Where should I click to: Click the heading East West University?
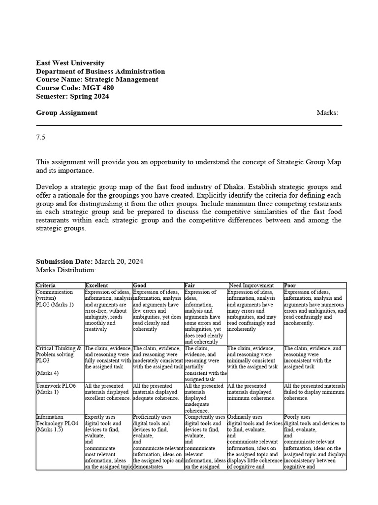tap(70, 63)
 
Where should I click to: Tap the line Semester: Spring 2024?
tap(72, 97)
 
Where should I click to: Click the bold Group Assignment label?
tap(66, 113)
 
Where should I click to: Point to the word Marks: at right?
tap(327, 113)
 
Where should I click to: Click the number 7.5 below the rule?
tap(40, 138)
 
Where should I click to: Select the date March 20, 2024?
tap(119, 261)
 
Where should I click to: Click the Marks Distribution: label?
tap(66, 270)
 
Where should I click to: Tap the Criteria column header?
tap(46, 286)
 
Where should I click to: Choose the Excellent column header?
tap(96, 286)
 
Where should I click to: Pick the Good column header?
tap(140, 286)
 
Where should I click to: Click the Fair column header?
tap(190, 286)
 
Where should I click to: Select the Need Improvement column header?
tap(252, 286)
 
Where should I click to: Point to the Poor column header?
tap(290, 286)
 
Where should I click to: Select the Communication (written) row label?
tap(54, 295)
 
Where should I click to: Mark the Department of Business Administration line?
tap(100, 72)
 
